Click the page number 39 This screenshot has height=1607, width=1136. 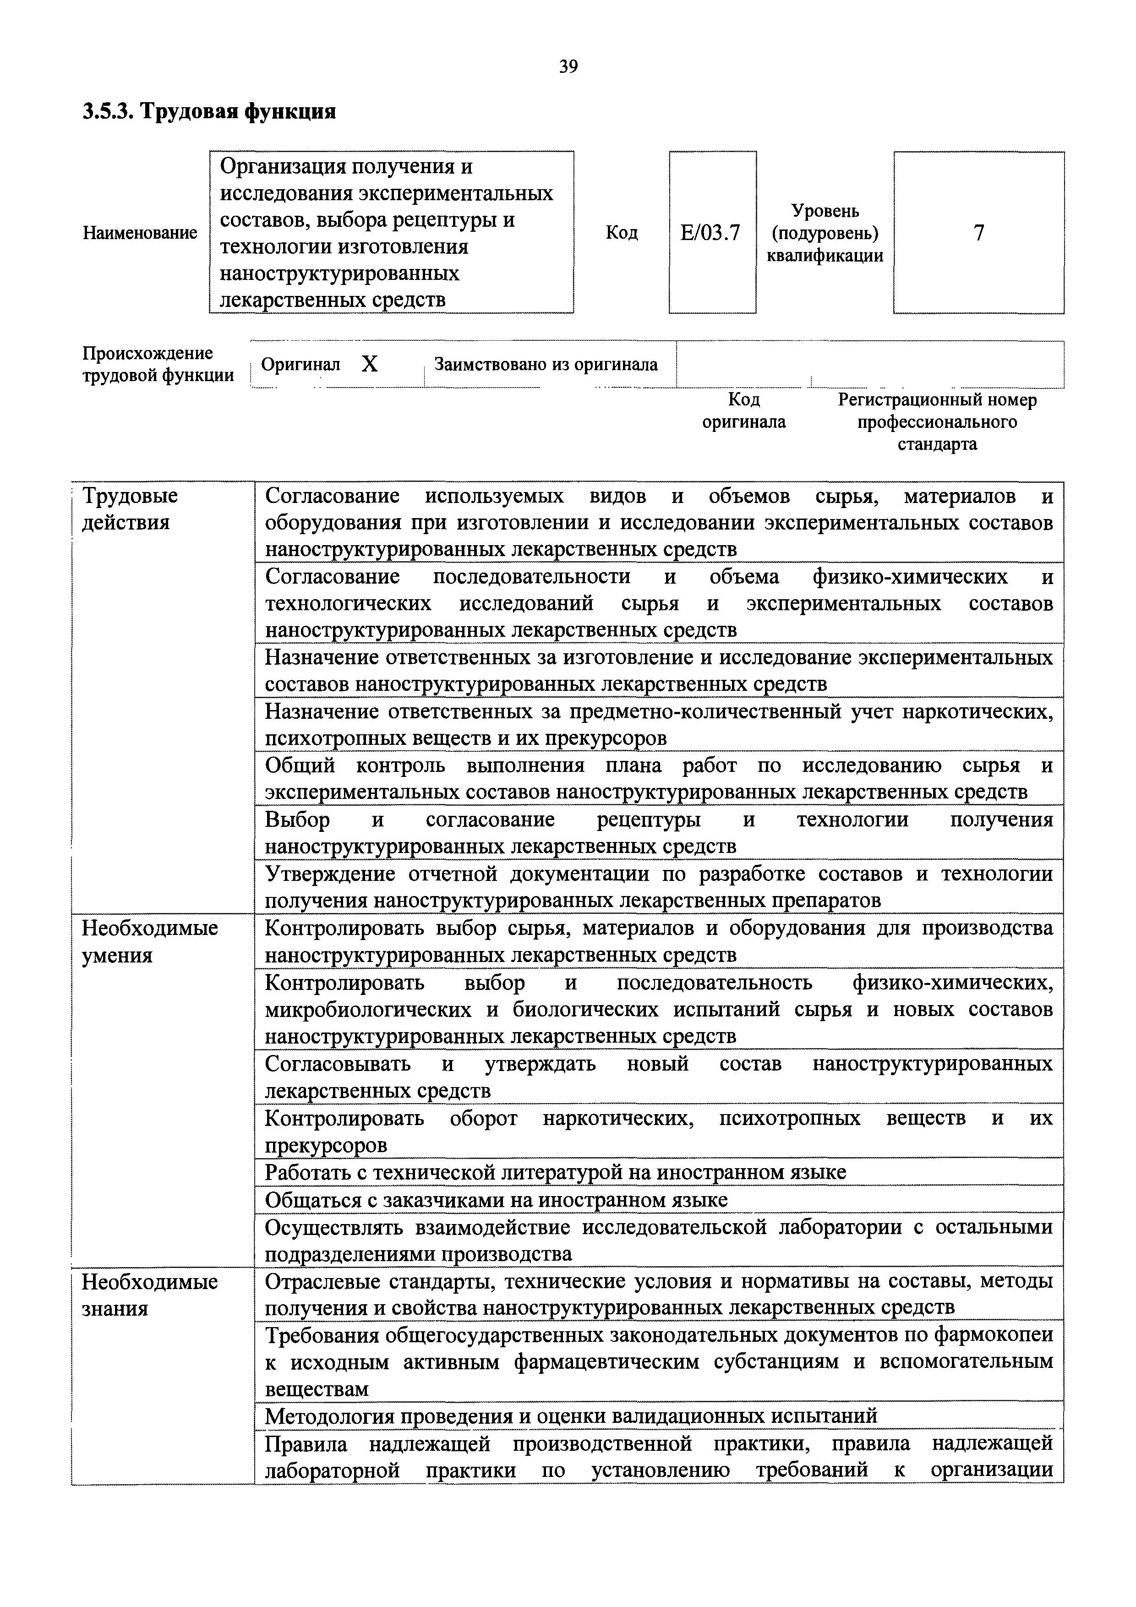[568, 67]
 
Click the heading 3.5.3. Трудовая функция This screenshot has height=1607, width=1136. [209, 112]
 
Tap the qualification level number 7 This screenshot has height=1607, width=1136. [978, 232]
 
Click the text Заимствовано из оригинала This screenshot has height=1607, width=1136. [546, 365]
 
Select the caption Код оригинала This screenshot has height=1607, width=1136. [744, 411]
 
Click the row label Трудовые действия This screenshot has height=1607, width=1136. [130, 509]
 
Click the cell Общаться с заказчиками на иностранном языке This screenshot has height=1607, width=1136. [496, 1200]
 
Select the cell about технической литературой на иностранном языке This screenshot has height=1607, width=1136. [555, 1172]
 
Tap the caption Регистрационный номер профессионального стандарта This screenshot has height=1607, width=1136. [937, 422]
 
